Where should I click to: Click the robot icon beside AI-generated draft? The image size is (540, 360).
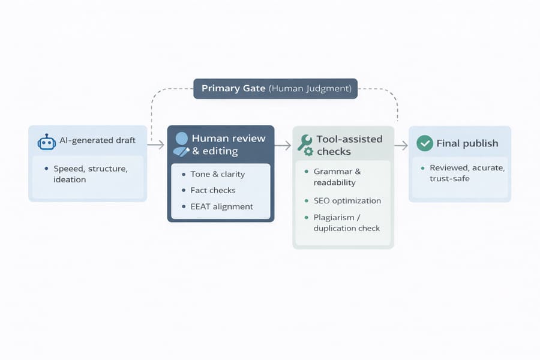[x=46, y=142]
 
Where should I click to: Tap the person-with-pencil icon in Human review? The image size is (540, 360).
[x=180, y=145]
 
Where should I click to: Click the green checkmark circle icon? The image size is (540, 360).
[x=425, y=143]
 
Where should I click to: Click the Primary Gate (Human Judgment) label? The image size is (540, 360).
[x=275, y=88]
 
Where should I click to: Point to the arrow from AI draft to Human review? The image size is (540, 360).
[x=156, y=145]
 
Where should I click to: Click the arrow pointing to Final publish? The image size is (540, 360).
[x=401, y=145]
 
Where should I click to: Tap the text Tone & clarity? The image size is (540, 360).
[x=217, y=174]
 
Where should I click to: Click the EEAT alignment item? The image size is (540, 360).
[x=222, y=206]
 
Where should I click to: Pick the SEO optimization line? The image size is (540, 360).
[x=347, y=200]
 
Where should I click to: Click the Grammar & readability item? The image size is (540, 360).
[x=337, y=177]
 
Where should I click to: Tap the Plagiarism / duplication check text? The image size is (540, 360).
[x=346, y=223]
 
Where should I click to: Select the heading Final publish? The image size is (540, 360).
[x=467, y=143]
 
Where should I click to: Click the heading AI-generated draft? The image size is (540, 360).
[x=97, y=140]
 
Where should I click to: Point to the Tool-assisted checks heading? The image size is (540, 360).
[x=349, y=145]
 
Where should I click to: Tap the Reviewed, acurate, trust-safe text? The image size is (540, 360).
[x=466, y=173]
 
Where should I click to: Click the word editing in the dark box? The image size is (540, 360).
[x=221, y=151]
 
